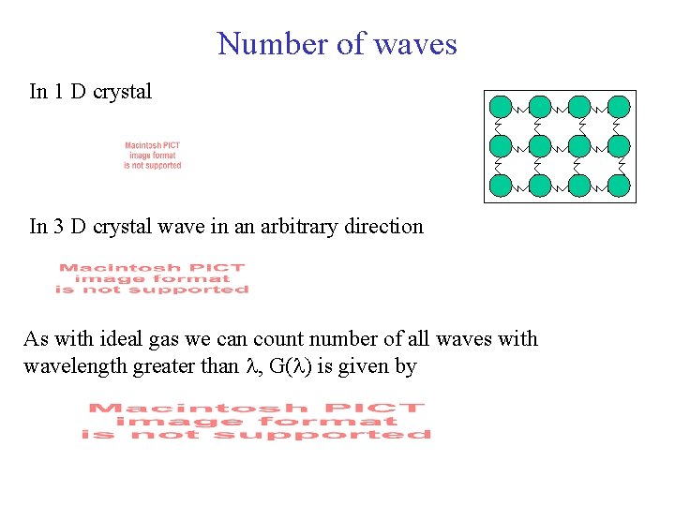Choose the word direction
[381, 226]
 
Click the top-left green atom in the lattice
[502, 107]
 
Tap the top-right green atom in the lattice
[619, 107]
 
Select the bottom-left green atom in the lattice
[502, 186]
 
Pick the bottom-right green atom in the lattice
[619, 186]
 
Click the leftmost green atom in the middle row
[502, 146]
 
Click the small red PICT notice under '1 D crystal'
[153, 156]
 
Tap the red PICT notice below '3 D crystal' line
[152, 278]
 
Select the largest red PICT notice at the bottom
[256, 421]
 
